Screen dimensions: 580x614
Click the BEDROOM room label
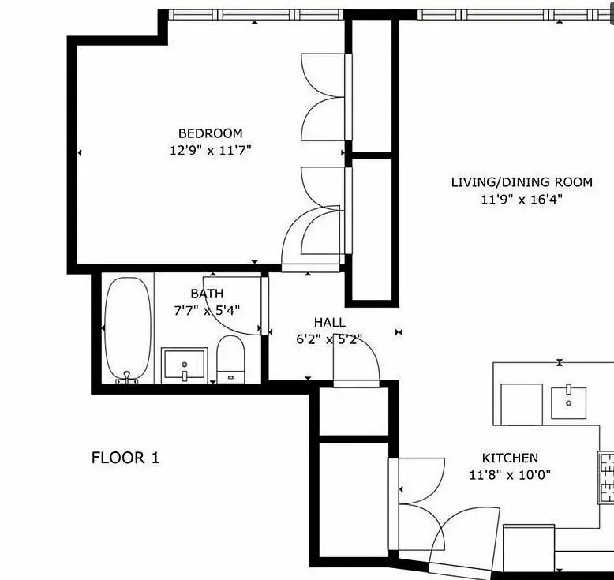[210, 133]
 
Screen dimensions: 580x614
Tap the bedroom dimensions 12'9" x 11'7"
[210, 150]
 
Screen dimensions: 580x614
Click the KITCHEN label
[510, 458]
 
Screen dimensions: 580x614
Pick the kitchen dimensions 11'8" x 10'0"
[510, 475]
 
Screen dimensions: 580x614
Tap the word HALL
[329, 323]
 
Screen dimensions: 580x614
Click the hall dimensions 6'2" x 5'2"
[329, 340]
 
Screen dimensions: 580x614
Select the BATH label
[207, 294]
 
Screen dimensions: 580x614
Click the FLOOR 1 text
[125, 458]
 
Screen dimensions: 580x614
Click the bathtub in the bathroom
[128, 329]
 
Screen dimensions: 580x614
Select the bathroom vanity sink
[184, 365]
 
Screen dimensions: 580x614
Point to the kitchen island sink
[569, 402]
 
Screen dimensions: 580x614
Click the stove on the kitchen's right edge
[606, 477]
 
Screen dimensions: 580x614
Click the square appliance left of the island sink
[522, 404]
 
